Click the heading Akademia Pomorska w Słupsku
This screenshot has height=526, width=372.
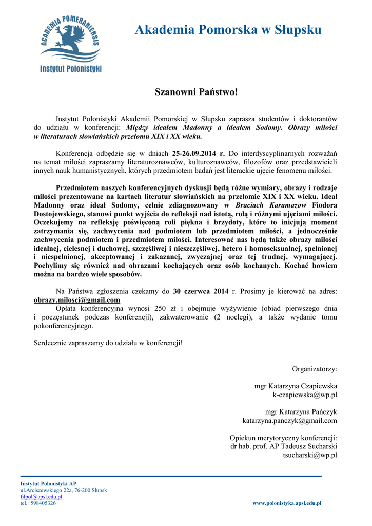[x=228, y=30]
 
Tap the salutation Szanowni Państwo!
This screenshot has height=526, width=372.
[x=197, y=92]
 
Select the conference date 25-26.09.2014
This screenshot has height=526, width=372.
[x=195, y=153]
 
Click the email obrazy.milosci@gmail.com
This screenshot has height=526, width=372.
[x=77, y=300]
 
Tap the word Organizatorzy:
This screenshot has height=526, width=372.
[x=315, y=369]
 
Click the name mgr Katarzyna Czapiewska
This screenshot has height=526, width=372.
[x=296, y=386]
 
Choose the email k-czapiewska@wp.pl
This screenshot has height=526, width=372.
[x=305, y=394]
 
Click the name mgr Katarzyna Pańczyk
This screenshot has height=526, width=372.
[x=301, y=412]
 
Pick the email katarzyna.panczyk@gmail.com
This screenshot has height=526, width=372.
[x=290, y=421]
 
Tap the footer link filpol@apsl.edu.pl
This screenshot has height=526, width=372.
[x=41, y=497]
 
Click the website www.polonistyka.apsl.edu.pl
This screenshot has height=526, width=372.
[x=287, y=503]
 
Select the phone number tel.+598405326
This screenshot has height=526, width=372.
[x=38, y=503]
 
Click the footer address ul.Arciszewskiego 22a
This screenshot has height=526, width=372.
[x=48, y=490]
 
